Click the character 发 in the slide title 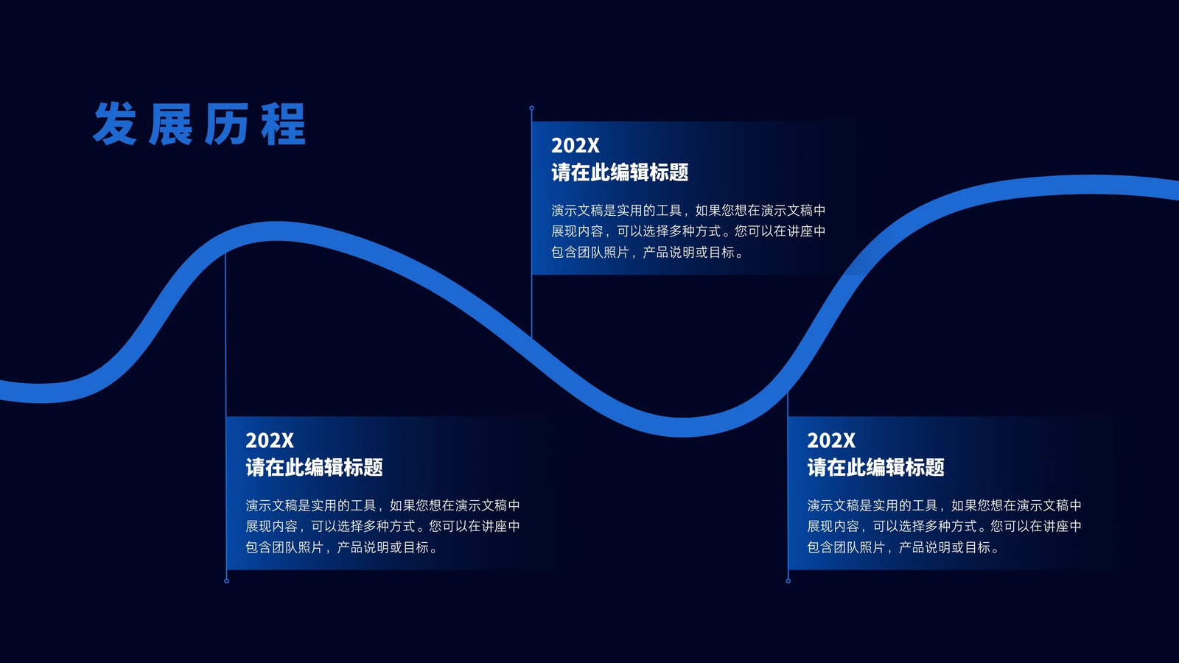[x=115, y=124]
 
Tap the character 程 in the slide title [x=283, y=124]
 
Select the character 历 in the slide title [x=227, y=124]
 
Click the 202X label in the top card [x=575, y=145]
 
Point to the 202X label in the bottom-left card [x=270, y=441]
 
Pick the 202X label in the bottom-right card [x=831, y=441]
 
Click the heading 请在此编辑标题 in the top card [x=620, y=172]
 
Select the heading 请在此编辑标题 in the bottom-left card [x=314, y=467]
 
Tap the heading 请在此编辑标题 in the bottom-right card [x=876, y=467]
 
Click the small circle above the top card [x=531, y=108]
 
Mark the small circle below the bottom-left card [x=226, y=581]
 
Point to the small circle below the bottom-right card [x=788, y=581]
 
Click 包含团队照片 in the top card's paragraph [x=590, y=253]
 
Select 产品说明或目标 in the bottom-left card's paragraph [x=382, y=548]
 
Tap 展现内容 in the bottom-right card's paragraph [x=833, y=526]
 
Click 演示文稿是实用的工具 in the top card [x=616, y=211]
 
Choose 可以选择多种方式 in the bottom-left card [x=363, y=526]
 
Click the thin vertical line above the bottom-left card [x=225, y=334]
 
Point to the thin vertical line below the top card [x=531, y=306]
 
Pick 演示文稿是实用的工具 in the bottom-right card [x=872, y=505]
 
